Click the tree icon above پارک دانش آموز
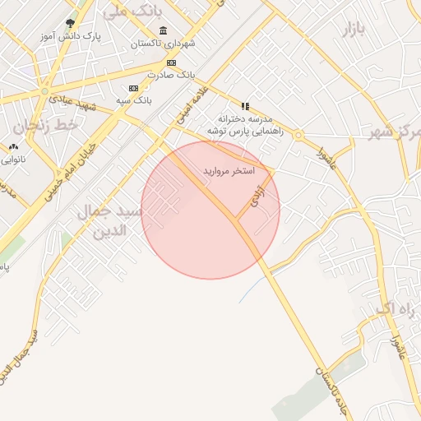click(x=69, y=24)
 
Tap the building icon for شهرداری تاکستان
click(x=161, y=30)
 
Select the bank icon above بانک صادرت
click(x=171, y=62)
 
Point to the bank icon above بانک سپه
click(x=133, y=88)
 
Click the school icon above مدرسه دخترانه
click(x=245, y=106)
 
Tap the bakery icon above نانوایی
click(x=13, y=147)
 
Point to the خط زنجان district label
click(x=49, y=126)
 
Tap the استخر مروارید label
click(x=229, y=170)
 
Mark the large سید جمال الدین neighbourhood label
click(x=110, y=220)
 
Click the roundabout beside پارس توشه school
click(x=298, y=135)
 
